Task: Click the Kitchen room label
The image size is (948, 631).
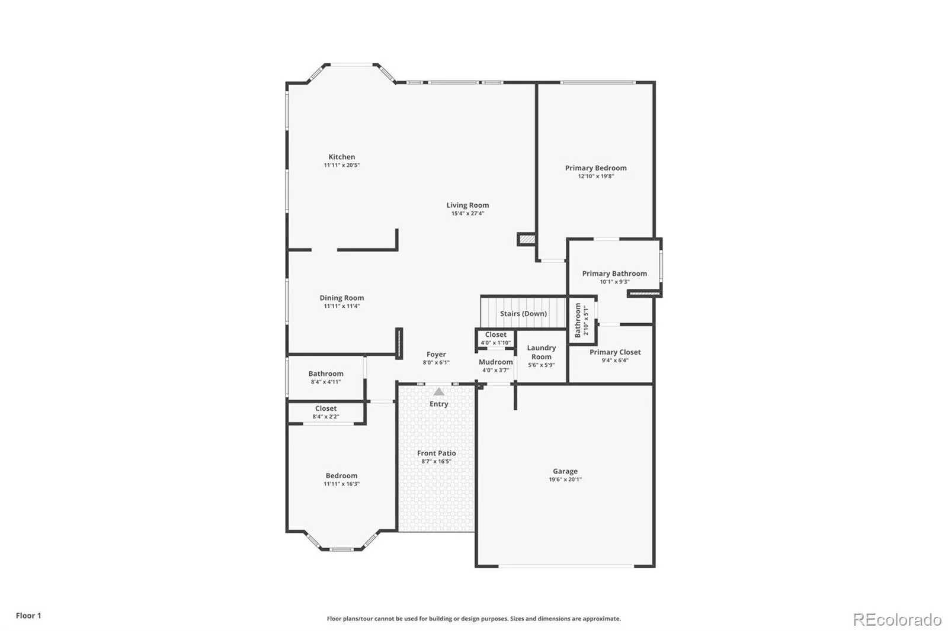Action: (341, 157)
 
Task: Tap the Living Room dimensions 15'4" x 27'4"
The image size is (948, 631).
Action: (467, 214)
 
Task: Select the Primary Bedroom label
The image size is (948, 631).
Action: (596, 168)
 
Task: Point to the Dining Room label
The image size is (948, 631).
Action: (341, 298)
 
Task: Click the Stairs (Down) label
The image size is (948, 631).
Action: (524, 313)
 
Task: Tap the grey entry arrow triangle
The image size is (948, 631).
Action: (439, 392)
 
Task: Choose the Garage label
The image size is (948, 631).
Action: (565, 471)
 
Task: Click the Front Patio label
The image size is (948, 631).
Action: (436, 453)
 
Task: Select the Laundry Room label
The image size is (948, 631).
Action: (542, 352)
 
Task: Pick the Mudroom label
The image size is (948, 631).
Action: (495, 362)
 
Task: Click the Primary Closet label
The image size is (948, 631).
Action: (615, 352)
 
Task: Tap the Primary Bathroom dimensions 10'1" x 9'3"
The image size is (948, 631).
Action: (614, 282)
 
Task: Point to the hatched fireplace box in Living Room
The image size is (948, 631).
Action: (527, 239)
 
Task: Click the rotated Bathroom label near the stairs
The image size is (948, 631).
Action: (578, 320)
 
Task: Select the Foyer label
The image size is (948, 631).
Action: (436, 355)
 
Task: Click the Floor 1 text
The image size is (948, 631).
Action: (28, 616)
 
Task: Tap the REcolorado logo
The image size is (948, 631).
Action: (897, 620)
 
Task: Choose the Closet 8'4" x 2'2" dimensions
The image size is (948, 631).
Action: (326, 417)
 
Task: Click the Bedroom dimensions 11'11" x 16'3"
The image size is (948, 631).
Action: (341, 484)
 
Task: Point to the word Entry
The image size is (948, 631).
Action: (439, 404)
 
